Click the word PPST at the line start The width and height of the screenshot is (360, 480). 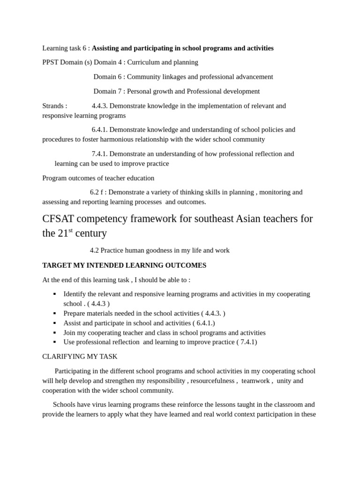click(x=50, y=62)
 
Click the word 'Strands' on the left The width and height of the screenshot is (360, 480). click(x=52, y=106)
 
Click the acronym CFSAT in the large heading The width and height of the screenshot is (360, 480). click(x=58, y=219)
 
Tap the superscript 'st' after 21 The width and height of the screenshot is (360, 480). click(x=71, y=230)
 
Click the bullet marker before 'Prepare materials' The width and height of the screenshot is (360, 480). click(x=54, y=313)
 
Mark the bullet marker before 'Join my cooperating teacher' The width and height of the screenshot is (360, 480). click(x=54, y=333)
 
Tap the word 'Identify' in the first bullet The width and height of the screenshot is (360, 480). click(x=75, y=294)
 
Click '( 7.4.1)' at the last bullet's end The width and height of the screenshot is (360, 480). click(x=247, y=342)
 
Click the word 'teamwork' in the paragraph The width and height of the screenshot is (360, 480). click(x=255, y=381)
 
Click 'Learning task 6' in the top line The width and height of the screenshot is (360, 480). click(x=65, y=48)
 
